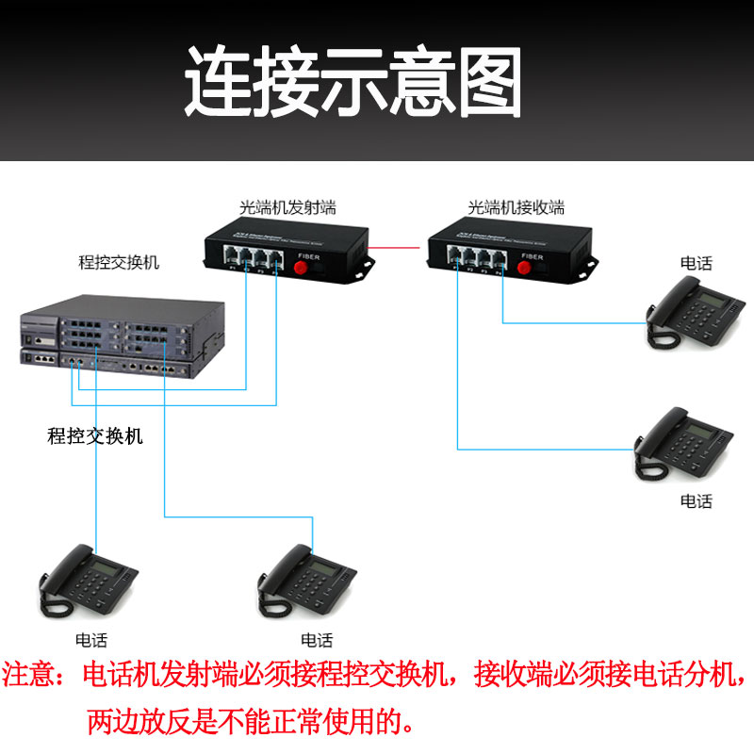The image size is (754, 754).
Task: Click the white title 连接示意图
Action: pos(352,82)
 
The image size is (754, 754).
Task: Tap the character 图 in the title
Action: pos(486,82)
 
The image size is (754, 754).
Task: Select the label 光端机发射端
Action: pos(287,207)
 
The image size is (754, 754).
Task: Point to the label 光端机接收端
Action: pos(516,207)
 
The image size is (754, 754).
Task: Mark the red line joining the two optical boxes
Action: pos(398,248)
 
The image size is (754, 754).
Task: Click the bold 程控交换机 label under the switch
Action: pos(95,435)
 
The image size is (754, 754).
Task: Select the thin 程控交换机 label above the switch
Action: pos(119,263)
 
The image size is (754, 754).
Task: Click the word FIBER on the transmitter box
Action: pos(309,254)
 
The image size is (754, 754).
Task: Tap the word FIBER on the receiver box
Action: pos(533,254)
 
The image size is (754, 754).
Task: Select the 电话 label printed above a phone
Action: pos(697,264)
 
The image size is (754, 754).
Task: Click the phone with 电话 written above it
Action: pos(689,316)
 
